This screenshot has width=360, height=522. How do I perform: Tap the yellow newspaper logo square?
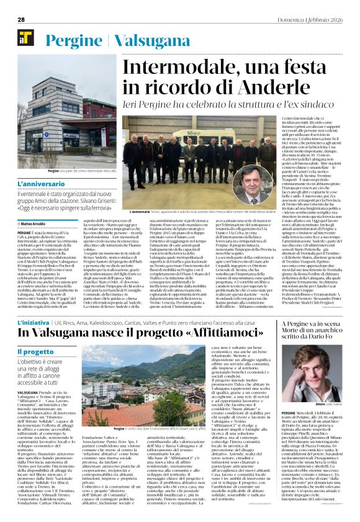point(25,38)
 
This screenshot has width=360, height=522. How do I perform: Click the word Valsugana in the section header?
point(146,39)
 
